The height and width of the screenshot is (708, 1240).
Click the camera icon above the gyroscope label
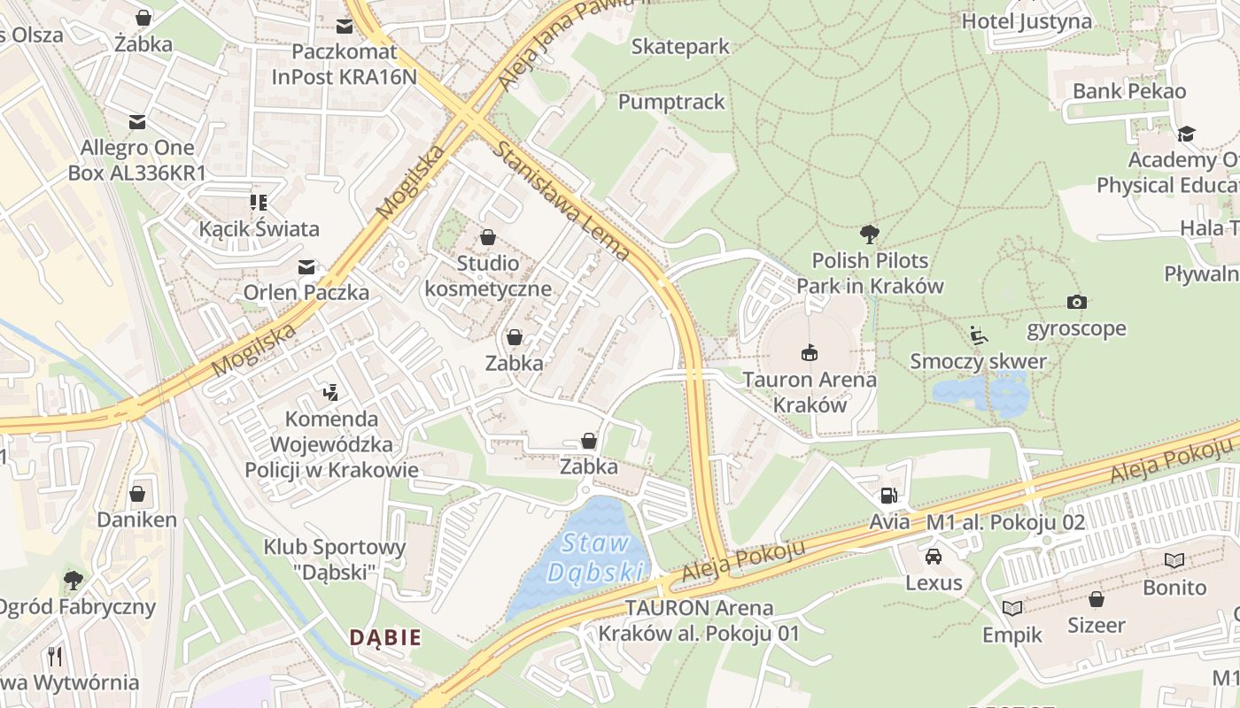pyautogui.click(x=1076, y=303)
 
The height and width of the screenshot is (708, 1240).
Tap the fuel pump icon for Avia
pyautogui.click(x=889, y=496)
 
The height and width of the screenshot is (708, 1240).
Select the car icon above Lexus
pyautogui.click(x=933, y=557)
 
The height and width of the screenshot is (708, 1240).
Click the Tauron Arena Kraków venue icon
pyautogui.click(x=809, y=353)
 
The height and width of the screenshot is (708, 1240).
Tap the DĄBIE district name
pyautogui.click(x=384, y=637)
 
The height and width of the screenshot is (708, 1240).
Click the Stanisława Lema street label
pyautogui.click(x=564, y=202)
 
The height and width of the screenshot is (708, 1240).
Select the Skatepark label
pyautogui.click(x=680, y=46)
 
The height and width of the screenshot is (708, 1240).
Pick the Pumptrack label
pyautogui.click(x=671, y=102)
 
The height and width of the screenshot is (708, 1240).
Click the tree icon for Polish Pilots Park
pyautogui.click(x=870, y=235)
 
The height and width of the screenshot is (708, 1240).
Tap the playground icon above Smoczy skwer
pyautogui.click(x=979, y=335)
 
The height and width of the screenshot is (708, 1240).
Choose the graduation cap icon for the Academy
pyautogui.click(x=1185, y=134)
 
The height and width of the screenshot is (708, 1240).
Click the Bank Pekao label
pyautogui.click(x=1128, y=91)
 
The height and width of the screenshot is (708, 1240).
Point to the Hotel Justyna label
pyautogui.click(x=1027, y=21)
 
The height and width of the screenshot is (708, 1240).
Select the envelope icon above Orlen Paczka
pyautogui.click(x=306, y=266)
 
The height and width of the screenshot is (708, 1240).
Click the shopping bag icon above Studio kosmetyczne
pyautogui.click(x=487, y=237)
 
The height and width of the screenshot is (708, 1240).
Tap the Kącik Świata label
pyautogui.click(x=259, y=229)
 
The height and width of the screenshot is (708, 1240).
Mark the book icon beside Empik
pyautogui.click(x=1011, y=608)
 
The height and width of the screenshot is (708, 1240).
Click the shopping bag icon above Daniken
pyautogui.click(x=137, y=493)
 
